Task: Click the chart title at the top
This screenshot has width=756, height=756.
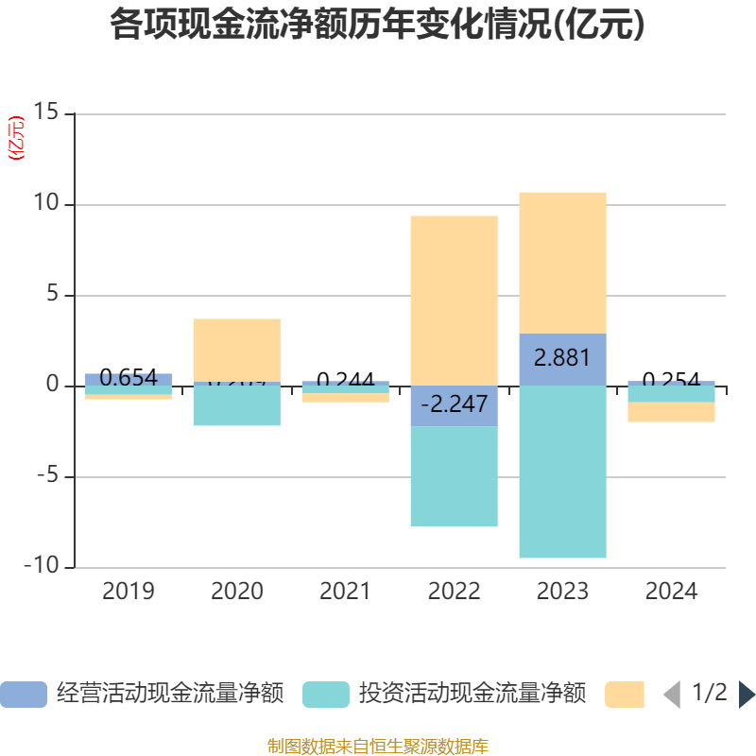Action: point(378,25)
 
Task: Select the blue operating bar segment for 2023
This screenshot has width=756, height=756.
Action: point(562,359)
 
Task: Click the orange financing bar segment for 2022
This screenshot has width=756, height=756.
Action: point(454,301)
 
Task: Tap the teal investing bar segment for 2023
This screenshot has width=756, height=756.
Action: point(562,472)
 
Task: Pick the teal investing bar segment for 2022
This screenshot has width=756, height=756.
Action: point(454,477)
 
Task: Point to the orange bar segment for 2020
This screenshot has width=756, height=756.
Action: point(236,350)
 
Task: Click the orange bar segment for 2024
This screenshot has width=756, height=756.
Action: point(671,412)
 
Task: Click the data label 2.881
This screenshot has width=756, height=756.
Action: point(562,358)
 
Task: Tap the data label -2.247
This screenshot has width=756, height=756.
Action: point(454,404)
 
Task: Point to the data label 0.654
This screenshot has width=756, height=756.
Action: point(129,379)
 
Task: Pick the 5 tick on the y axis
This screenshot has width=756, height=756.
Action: point(52,295)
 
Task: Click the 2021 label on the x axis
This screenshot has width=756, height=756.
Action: point(345,592)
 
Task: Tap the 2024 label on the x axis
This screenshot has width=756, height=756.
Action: point(671,592)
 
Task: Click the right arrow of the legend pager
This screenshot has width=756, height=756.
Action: point(747,695)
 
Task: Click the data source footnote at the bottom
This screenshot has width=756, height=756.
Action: point(378,746)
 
